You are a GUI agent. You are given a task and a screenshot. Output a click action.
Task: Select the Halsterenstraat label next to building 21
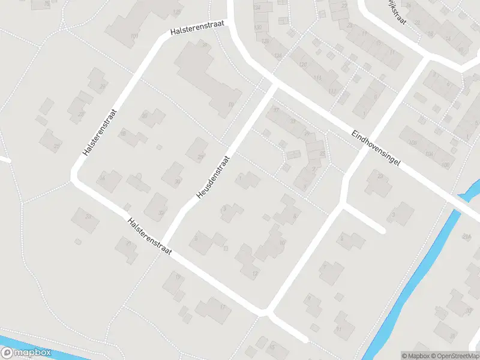pyautogui.click(x=150, y=237)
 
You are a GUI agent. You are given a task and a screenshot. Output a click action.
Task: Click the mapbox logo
pyautogui.click(x=25, y=353)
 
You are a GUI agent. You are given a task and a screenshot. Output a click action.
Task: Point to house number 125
pyautogui.click(x=176, y=12)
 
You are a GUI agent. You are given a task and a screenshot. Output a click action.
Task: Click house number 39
pyautogui.click(x=205, y=45)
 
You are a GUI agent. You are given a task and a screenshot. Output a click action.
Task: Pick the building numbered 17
pyautogui.click(x=223, y=307)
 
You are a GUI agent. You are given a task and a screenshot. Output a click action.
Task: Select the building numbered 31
pyautogui.click(x=338, y=329)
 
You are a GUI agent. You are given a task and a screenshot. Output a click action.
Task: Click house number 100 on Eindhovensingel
pyautogui.click(x=445, y=164)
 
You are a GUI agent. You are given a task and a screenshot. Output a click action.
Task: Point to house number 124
pyautogui.click(x=277, y=56)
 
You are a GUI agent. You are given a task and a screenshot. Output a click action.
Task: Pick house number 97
pyautogui.click(x=277, y=110)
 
